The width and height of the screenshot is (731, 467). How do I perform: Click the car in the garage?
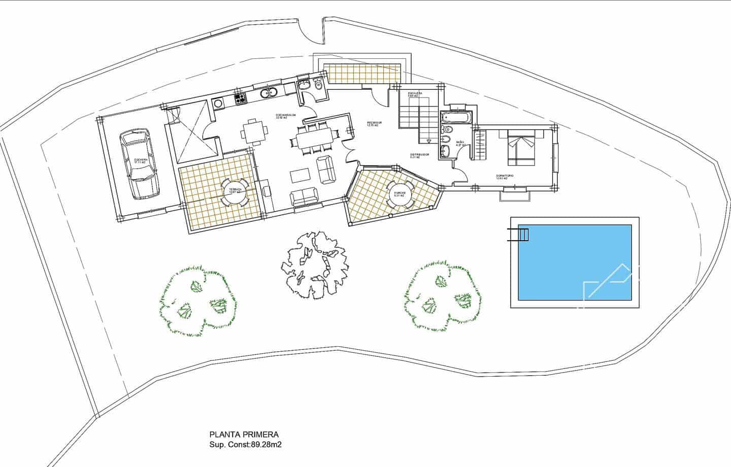[137, 163]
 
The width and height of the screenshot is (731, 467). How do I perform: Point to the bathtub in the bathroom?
[457, 118]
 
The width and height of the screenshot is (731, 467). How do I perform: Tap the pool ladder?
[519, 235]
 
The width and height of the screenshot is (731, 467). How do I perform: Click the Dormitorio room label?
[505, 176]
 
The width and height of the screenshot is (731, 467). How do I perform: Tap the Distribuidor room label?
[420, 155]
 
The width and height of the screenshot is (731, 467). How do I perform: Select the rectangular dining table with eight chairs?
[314, 137]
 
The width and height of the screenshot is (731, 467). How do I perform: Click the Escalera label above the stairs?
[415, 94]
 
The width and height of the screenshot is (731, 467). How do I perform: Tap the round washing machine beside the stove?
[219, 103]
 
